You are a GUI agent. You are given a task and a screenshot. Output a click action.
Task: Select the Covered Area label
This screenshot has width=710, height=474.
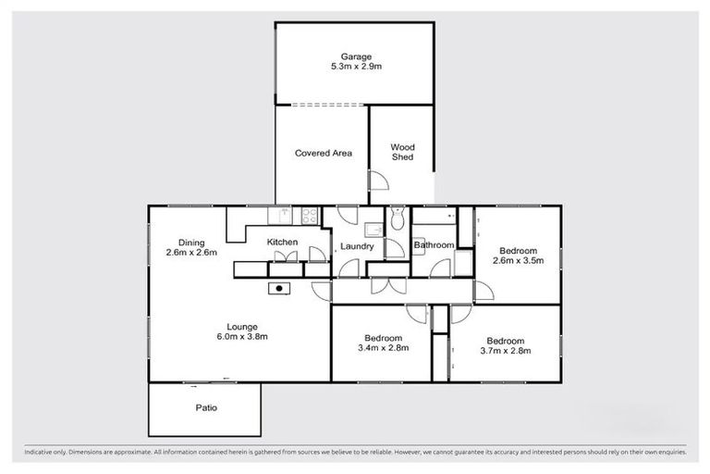(x=323, y=153)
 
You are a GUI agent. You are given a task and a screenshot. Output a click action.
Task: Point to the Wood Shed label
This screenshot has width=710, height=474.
(x=402, y=152)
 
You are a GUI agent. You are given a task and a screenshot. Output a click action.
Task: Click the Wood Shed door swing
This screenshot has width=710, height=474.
(x=377, y=181)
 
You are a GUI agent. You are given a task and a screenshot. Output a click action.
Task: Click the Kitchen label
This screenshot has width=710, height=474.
(x=282, y=243)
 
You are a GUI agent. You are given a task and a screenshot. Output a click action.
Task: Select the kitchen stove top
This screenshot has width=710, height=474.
(x=309, y=217)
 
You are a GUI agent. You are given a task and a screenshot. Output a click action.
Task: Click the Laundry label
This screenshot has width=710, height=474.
(x=357, y=246)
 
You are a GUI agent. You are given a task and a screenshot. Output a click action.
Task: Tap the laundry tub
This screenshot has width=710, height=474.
(x=373, y=231)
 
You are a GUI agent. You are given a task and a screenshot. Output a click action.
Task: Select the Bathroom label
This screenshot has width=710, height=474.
(x=434, y=245)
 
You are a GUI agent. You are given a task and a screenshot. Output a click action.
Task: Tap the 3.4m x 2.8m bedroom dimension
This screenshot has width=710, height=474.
(x=382, y=349)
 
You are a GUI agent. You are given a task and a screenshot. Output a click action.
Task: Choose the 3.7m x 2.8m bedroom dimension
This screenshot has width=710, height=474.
(x=505, y=351)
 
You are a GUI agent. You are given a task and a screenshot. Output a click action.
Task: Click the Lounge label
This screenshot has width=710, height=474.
(x=241, y=325)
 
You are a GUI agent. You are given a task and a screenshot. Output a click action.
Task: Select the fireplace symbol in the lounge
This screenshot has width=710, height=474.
(x=278, y=289)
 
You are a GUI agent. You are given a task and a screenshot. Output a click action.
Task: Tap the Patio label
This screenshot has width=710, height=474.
(x=206, y=407)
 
